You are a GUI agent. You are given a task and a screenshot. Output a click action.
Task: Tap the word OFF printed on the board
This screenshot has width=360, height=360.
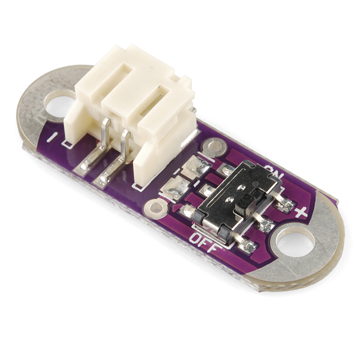click(205, 242)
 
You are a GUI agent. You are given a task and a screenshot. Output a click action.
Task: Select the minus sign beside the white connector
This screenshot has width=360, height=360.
click(52, 137)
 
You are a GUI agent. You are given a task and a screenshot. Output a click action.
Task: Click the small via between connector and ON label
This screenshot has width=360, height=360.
click(214, 146)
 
